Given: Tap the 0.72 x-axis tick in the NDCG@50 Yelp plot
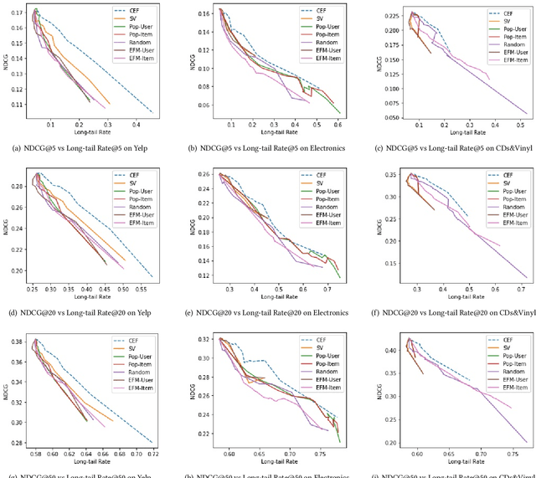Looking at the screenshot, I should (x=152, y=453).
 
